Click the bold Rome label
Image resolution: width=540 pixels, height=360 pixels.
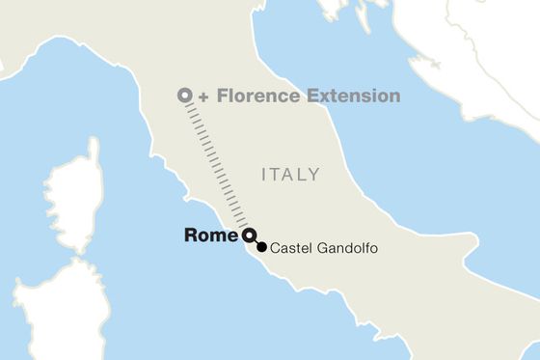(211, 235)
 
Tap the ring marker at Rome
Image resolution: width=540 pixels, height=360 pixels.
(248, 235)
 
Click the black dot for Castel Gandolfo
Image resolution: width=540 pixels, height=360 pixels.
(261, 247)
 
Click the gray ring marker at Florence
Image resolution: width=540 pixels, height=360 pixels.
(184, 96)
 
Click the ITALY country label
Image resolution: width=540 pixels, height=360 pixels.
(290, 175)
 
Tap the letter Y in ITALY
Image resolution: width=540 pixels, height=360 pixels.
(313, 175)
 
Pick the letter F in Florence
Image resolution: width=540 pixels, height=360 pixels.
(221, 96)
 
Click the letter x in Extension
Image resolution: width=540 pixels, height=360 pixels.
(319, 97)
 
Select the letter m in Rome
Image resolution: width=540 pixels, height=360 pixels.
(220, 235)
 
